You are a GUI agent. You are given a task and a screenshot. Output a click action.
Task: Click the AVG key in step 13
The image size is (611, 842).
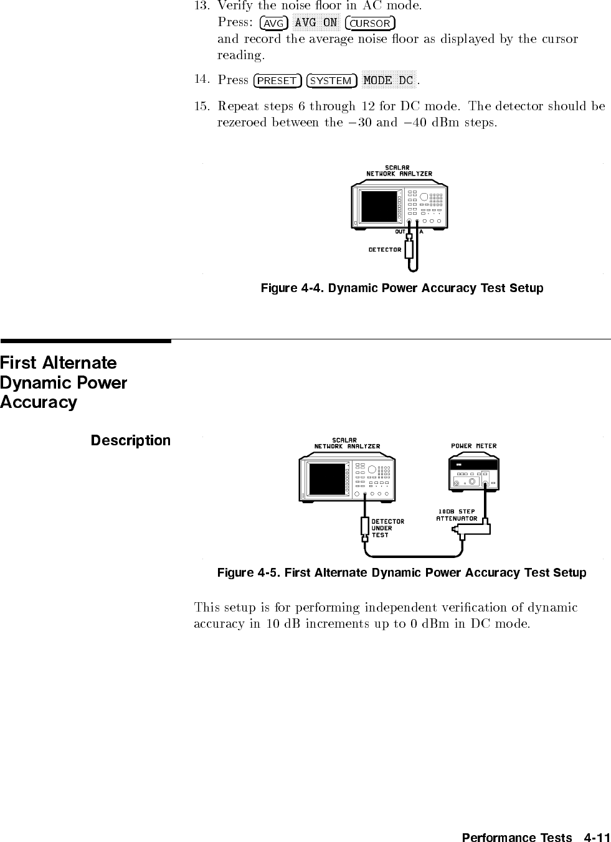click(273, 24)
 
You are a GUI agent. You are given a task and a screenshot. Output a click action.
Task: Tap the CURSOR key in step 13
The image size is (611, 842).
click(371, 24)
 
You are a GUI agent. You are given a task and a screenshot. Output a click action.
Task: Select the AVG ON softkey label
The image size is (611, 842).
click(316, 23)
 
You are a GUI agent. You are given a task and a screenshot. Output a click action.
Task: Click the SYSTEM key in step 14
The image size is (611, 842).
click(331, 81)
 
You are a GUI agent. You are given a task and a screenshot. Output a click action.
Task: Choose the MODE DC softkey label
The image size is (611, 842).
click(388, 80)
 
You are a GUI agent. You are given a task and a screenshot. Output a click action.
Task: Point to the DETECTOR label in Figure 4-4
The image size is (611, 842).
click(385, 250)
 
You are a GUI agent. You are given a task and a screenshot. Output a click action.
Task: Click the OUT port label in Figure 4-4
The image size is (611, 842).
click(400, 232)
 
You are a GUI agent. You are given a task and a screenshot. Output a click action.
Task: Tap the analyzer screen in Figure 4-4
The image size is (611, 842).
click(379, 206)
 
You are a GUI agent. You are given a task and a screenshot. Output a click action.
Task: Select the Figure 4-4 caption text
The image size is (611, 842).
click(402, 288)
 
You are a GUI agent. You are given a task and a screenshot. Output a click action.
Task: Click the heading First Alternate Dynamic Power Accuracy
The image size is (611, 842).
click(64, 382)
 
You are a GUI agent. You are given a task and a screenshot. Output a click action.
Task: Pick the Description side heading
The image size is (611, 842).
click(130, 440)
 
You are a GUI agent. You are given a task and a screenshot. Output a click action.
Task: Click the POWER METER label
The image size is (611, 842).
click(473, 446)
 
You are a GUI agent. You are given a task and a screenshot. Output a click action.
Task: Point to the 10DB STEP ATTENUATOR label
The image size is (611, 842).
click(457, 515)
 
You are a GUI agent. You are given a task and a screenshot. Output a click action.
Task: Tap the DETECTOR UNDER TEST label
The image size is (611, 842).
click(387, 528)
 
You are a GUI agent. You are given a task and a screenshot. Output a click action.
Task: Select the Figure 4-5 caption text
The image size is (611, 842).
click(402, 572)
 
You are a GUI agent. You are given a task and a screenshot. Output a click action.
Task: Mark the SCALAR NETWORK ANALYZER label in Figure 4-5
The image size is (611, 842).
click(347, 443)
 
